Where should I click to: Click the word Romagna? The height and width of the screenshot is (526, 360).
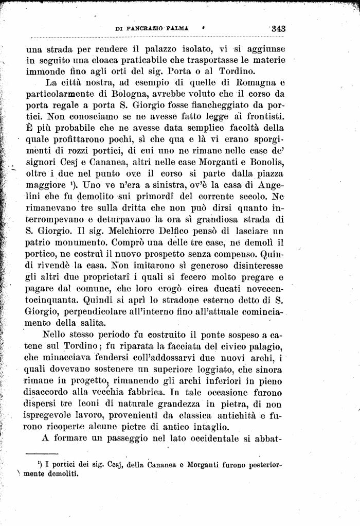point(249,84)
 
